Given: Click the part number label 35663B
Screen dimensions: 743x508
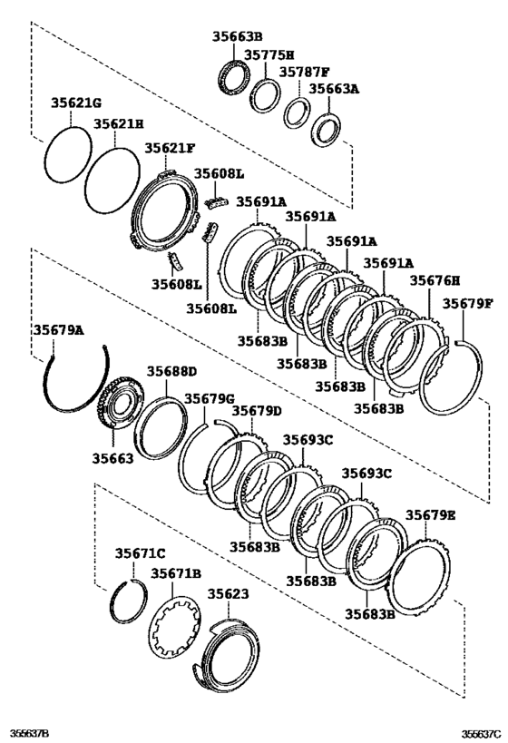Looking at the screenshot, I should point(238,38).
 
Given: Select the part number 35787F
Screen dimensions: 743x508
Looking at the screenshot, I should point(304,72).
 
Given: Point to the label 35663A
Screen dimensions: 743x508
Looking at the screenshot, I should point(335,89).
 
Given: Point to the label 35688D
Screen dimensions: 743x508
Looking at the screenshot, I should point(171,371).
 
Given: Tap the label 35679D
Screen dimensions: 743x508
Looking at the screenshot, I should point(256,411).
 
